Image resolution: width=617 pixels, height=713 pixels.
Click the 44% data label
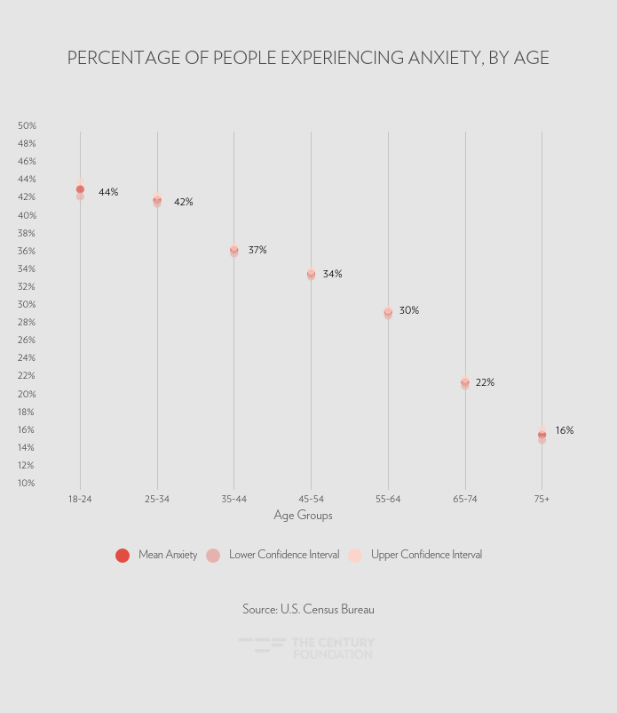click(108, 192)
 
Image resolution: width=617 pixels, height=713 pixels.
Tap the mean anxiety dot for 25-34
click(157, 201)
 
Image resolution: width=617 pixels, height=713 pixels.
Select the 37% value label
click(257, 250)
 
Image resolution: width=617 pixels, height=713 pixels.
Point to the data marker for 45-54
click(311, 274)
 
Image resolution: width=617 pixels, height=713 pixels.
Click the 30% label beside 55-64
click(409, 310)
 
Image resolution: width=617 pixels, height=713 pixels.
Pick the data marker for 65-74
click(465, 382)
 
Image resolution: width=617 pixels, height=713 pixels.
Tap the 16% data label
click(565, 430)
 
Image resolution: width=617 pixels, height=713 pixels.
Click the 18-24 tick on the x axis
click(80, 499)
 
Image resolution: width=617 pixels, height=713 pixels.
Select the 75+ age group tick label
click(542, 499)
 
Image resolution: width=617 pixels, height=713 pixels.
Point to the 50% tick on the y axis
click(27, 125)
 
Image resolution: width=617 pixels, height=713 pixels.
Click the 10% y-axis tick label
click(27, 483)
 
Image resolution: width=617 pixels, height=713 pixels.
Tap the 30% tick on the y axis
click(27, 304)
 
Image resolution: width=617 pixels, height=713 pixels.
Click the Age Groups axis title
click(303, 516)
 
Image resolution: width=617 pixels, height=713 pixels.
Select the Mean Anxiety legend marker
click(123, 556)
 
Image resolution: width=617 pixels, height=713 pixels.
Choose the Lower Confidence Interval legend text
click(284, 555)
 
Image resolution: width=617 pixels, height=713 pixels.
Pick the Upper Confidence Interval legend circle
click(355, 556)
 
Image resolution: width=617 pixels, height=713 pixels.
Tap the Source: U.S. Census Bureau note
click(308, 609)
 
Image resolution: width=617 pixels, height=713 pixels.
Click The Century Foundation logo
click(306, 648)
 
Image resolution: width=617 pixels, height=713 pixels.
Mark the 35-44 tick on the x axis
click(233, 499)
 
